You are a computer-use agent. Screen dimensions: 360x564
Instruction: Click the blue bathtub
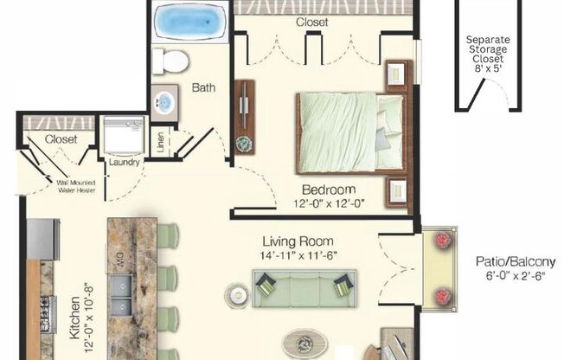click(x=190, y=22)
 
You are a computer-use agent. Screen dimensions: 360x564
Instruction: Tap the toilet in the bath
click(x=170, y=61)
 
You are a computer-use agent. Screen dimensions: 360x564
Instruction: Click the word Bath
click(x=204, y=87)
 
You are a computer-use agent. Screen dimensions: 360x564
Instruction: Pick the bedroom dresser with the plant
click(x=244, y=118)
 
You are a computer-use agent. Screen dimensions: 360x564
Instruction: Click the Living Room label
click(x=299, y=241)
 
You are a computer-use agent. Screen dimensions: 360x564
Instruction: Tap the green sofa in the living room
click(x=305, y=288)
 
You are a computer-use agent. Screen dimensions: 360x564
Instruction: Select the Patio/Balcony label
click(x=513, y=261)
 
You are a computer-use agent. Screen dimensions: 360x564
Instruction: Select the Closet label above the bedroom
click(x=312, y=22)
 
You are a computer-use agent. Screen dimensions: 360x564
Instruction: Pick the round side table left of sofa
click(x=237, y=296)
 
